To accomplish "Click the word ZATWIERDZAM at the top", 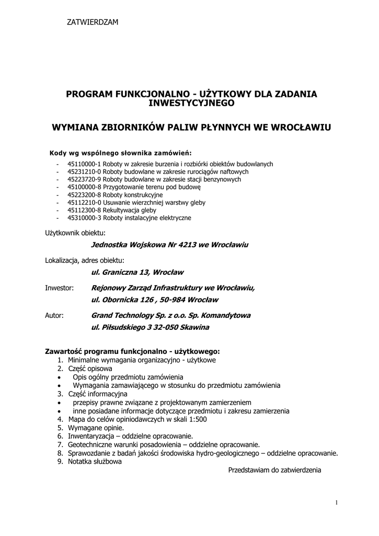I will (x=93, y=22).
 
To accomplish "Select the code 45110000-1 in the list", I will (x=84, y=164).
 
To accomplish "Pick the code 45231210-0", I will (x=84, y=172).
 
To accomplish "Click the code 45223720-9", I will (x=84, y=179).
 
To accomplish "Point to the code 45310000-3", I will (x=84, y=218).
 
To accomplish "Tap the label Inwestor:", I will (x=60, y=288).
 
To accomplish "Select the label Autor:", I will (x=54, y=316).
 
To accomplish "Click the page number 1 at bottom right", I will (x=337, y=503).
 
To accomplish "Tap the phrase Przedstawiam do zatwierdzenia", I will (x=274, y=470).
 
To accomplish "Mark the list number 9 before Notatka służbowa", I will (x=60, y=462).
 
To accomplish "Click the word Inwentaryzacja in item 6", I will (x=91, y=436).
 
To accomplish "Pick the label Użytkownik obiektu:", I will (x=75, y=232).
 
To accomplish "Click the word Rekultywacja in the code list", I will (x=122, y=210).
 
